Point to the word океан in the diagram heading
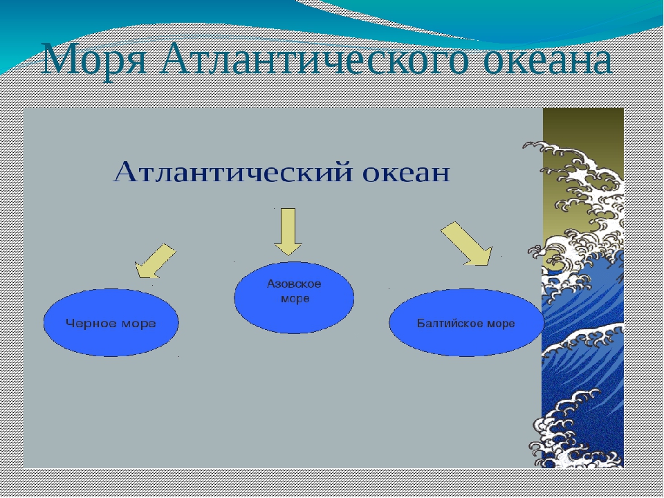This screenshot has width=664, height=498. (406, 174)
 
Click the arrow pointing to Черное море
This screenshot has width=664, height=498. (155, 261)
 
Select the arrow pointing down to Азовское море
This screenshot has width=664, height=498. (288, 232)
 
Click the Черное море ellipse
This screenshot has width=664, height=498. (111, 323)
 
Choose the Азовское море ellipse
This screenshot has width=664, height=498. (294, 297)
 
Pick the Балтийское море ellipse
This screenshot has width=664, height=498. (465, 323)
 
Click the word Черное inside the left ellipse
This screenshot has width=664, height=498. (91, 324)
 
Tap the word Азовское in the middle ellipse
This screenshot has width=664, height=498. (294, 284)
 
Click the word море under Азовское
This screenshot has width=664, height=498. (295, 299)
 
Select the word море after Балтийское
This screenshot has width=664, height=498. (501, 324)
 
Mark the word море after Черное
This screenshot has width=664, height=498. (138, 324)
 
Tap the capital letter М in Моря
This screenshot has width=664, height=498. (59, 59)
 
